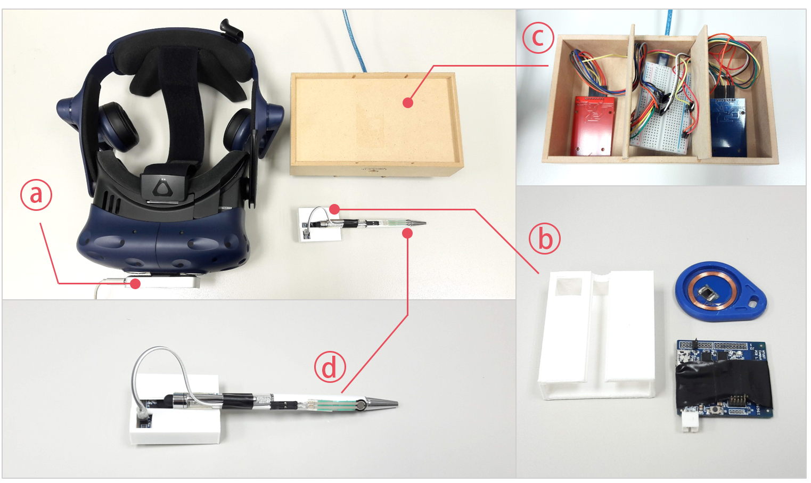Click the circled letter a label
(x=36, y=195)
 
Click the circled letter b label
(x=545, y=239)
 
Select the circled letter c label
(x=538, y=37)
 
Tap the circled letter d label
(x=330, y=367)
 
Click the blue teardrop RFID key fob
(x=720, y=291)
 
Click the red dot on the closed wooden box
(x=408, y=103)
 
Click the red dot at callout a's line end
(x=135, y=284)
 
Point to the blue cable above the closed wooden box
(x=355, y=40)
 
